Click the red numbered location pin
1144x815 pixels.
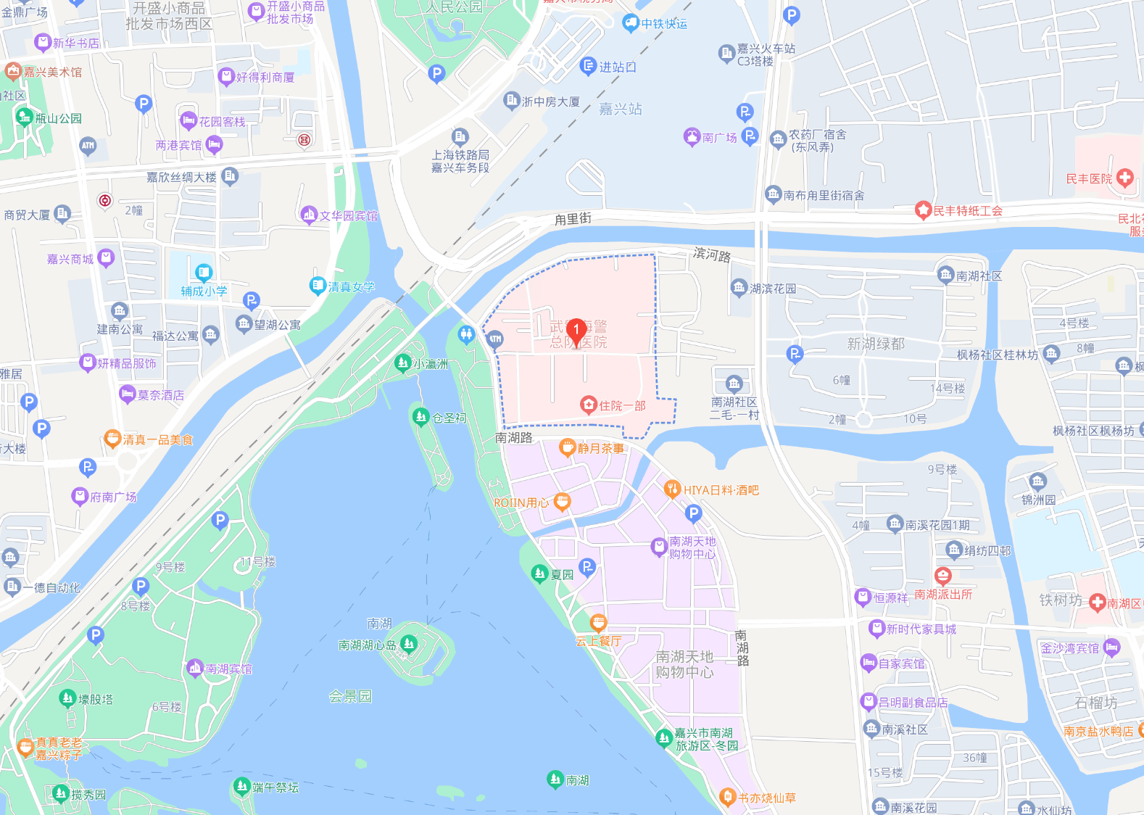[576, 331]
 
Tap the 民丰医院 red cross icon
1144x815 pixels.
[1125, 178]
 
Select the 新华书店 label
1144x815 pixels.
[76, 44]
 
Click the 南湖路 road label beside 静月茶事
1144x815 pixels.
[514, 438]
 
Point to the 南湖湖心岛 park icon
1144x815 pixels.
[409, 643]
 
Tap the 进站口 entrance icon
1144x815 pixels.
[588, 67]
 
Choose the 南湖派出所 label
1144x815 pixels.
[943, 595]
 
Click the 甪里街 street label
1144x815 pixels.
[573, 218]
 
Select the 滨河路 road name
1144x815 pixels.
[712, 254]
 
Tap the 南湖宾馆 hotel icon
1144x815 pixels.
[194, 668]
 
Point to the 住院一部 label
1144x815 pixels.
[622, 406]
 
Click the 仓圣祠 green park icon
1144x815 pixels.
[420, 416]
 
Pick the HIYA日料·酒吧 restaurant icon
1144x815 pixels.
[672, 489]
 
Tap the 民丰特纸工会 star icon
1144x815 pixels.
[923, 211]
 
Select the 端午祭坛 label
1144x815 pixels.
[275, 787]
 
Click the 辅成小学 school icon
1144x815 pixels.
[204, 273]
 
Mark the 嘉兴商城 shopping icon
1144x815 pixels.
[106, 257]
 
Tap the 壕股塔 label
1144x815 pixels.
[96, 700]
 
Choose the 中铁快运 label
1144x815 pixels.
[664, 24]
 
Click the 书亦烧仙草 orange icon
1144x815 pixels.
[727, 797]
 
